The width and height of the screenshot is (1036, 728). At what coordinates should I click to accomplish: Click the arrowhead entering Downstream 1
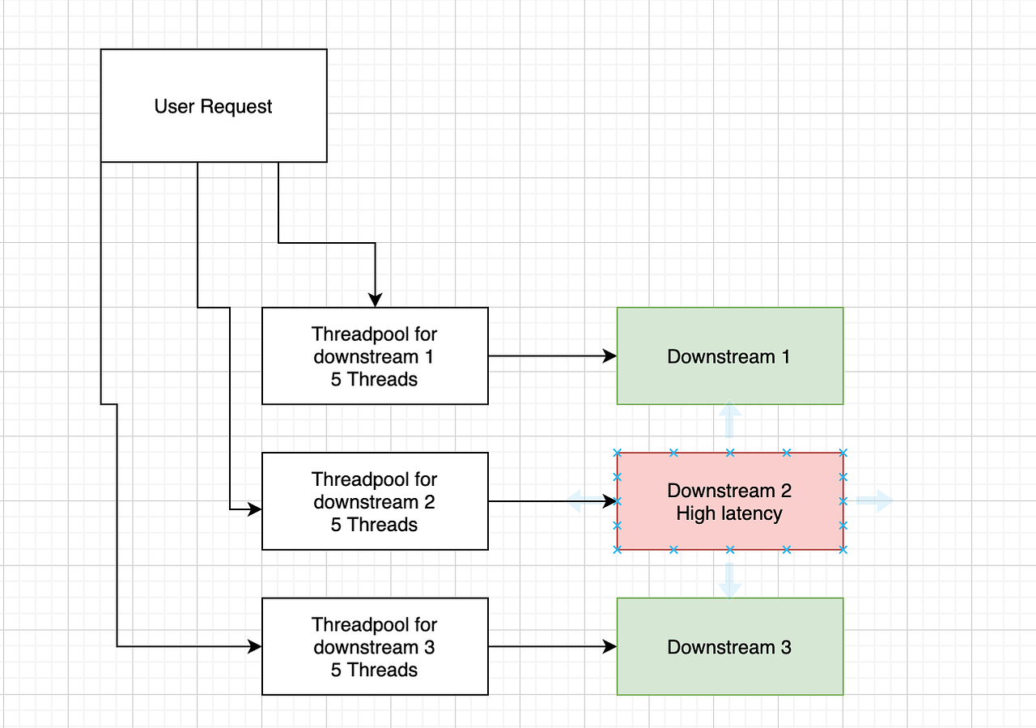(609, 355)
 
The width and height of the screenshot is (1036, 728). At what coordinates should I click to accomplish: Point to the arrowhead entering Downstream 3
(609, 646)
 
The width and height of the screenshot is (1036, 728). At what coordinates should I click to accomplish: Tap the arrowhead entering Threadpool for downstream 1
(375, 300)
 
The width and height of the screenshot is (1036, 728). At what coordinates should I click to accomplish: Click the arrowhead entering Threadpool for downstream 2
(255, 509)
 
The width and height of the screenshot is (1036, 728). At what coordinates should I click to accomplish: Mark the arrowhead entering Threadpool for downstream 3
(255, 646)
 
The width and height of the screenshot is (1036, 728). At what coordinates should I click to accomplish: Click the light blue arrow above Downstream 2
(729, 416)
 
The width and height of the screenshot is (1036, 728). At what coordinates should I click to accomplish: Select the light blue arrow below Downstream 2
(729, 583)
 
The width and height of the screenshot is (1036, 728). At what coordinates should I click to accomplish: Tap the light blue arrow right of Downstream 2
(877, 501)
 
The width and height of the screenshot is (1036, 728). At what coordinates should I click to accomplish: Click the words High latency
(729, 513)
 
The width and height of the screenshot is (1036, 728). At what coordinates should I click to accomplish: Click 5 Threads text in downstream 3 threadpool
(374, 670)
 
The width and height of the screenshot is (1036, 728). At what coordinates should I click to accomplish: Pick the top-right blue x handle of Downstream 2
(843, 453)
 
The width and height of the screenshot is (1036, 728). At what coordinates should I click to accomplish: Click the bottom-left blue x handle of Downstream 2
(617, 550)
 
